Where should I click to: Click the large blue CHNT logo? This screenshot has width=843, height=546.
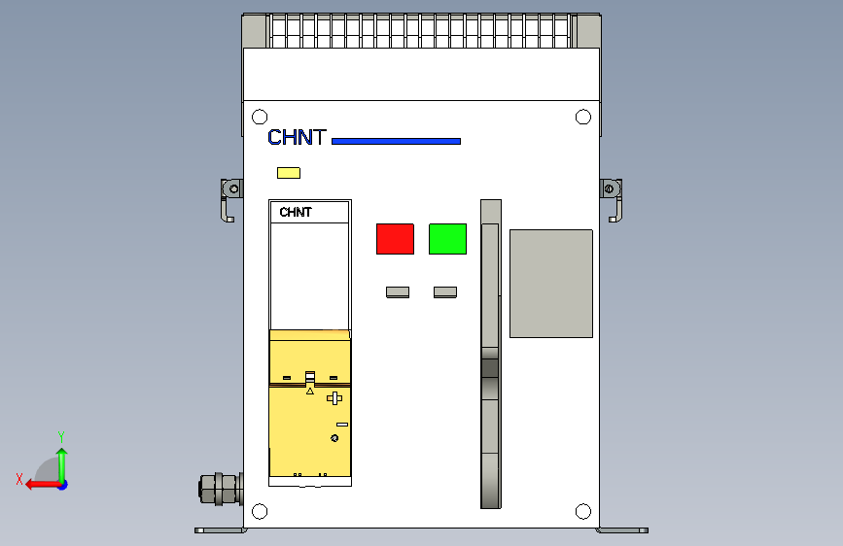click(297, 138)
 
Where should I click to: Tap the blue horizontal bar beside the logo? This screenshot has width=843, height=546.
click(396, 141)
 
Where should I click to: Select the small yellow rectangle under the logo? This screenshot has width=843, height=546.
click(289, 173)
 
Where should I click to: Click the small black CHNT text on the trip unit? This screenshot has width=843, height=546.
click(296, 213)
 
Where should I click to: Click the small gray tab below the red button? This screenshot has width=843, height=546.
click(397, 291)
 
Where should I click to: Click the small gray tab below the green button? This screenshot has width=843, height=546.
click(445, 291)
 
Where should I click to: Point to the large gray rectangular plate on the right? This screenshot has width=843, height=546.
click(550, 284)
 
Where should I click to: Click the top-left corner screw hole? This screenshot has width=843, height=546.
click(260, 117)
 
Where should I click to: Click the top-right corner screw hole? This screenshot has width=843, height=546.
click(583, 117)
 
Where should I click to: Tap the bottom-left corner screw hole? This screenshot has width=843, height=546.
click(260, 511)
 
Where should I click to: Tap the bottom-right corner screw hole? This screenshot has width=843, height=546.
click(583, 511)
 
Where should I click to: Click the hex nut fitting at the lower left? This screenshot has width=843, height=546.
click(220, 488)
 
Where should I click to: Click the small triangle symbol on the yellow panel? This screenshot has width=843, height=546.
click(310, 392)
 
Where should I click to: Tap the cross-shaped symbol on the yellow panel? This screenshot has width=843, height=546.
click(334, 398)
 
